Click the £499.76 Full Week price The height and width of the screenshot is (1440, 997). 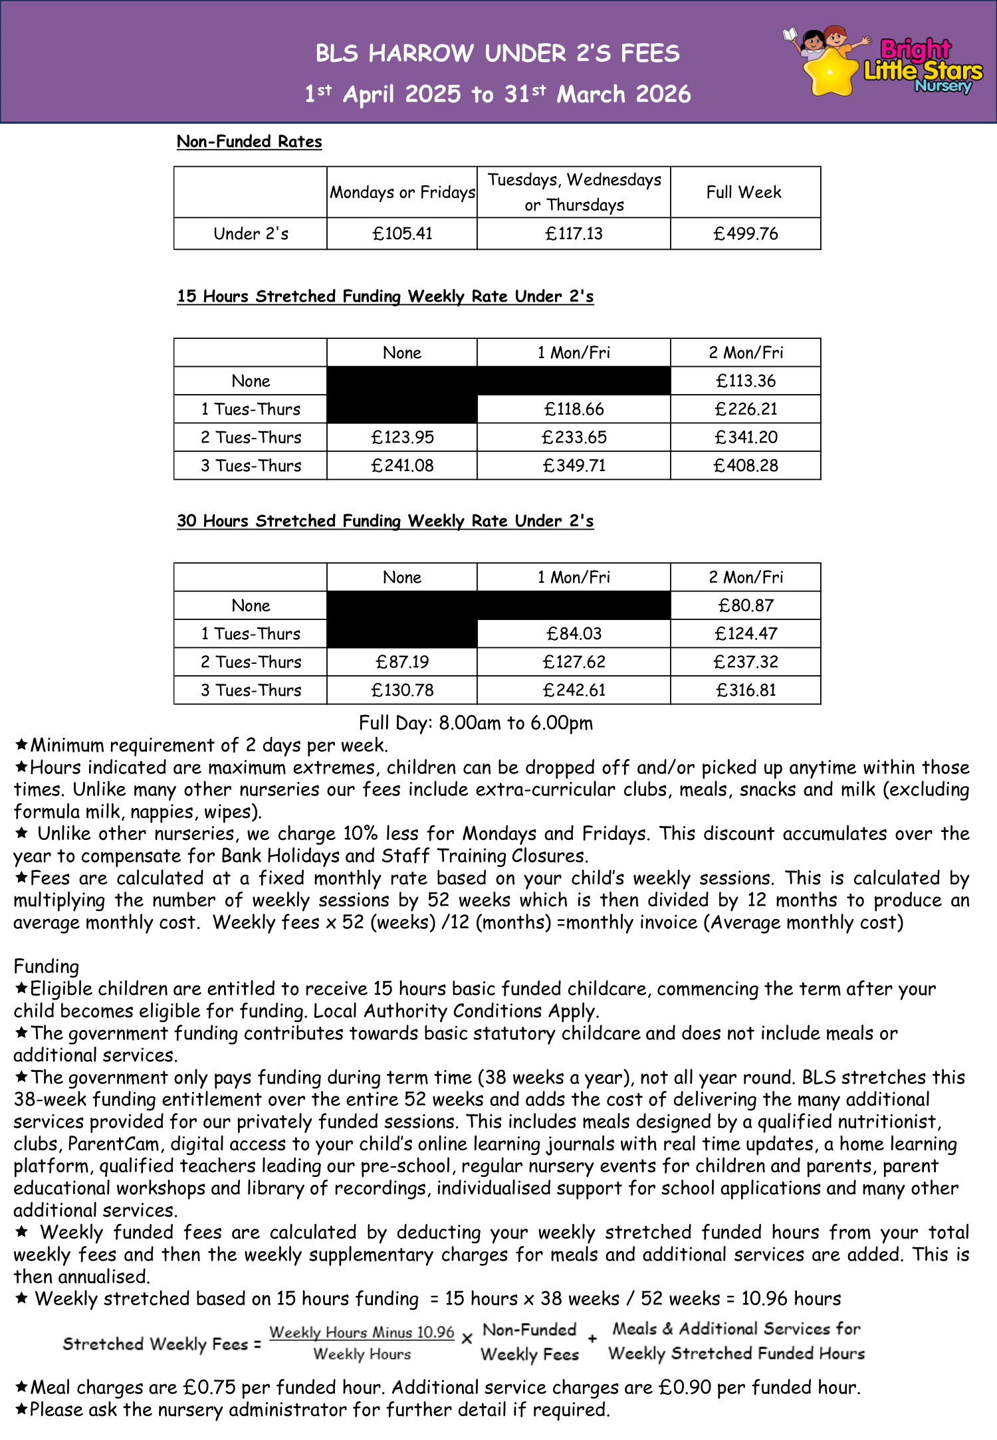(x=745, y=234)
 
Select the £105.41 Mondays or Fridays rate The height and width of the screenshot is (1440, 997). (x=402, y=234)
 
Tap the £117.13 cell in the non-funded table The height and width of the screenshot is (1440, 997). (x=574, y=234)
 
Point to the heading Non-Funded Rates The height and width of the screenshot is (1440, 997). (x=249, y=142)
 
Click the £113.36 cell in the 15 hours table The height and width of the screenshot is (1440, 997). (x=745, y=381)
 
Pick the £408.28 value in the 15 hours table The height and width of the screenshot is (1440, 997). (x=745, y=465)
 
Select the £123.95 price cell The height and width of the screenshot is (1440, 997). (x=402, y=437)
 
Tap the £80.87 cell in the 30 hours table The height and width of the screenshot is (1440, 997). (x=745, y=605)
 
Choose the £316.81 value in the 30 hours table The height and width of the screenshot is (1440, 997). (x=745, y=690)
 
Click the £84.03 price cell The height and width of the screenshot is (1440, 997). (x=574, y=633)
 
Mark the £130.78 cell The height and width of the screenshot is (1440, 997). (x=402, y=690)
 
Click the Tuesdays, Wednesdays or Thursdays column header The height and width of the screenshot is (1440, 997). (x=574, y=192)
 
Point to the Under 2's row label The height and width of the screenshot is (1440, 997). (x=251, y=234)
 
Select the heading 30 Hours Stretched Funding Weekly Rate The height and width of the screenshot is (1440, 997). (x=385, y=521)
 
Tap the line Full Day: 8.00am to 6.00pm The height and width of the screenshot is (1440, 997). (x=475, y=723)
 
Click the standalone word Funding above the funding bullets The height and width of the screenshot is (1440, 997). (x=46, y=967)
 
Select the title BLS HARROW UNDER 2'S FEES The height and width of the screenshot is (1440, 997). (x=497, y=53)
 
